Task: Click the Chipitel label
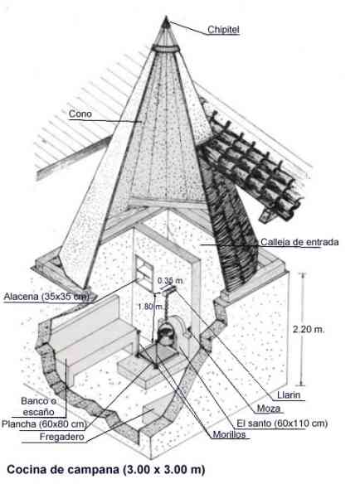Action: coord(223,30)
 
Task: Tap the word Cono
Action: coord(80,114)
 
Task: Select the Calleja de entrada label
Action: coord(299,242)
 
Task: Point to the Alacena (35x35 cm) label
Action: coord(46,297)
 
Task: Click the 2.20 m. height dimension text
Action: coord(309,329)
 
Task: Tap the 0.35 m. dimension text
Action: coord(170,281)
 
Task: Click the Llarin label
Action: coord(289,394)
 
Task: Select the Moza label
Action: coord(269,409)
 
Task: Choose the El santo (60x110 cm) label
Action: coord(282,423)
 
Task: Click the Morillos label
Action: coord(229,434)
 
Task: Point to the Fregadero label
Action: coord(62,437)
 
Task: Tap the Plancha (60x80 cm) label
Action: coord(43,423)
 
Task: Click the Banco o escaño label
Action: coord(39,406)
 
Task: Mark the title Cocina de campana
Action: coord(63,469)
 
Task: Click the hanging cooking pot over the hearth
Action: coord(166,335)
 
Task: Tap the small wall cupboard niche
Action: coord(144,268)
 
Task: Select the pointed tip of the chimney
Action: coord(166,17)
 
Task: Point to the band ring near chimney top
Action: coord(166,48)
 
